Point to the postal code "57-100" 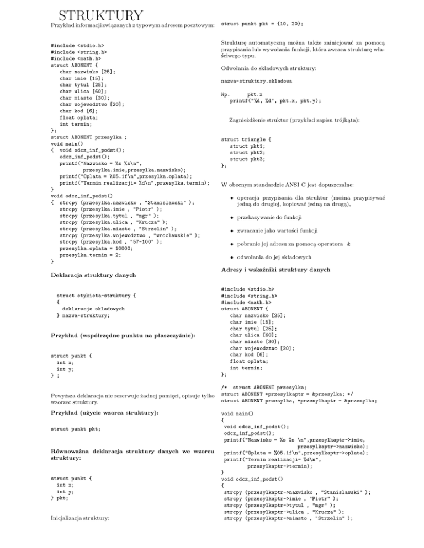pos(135,227)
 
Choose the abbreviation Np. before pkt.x pos(225,94)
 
